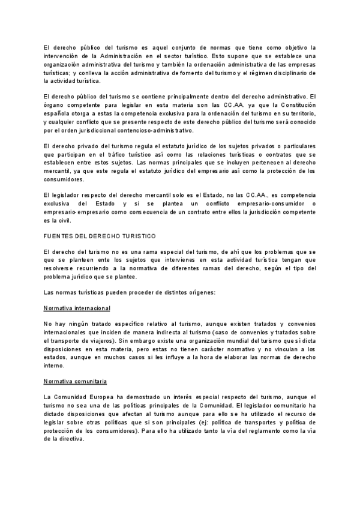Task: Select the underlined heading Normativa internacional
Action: pos(77,308)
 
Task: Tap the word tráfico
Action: pos(110,154)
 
